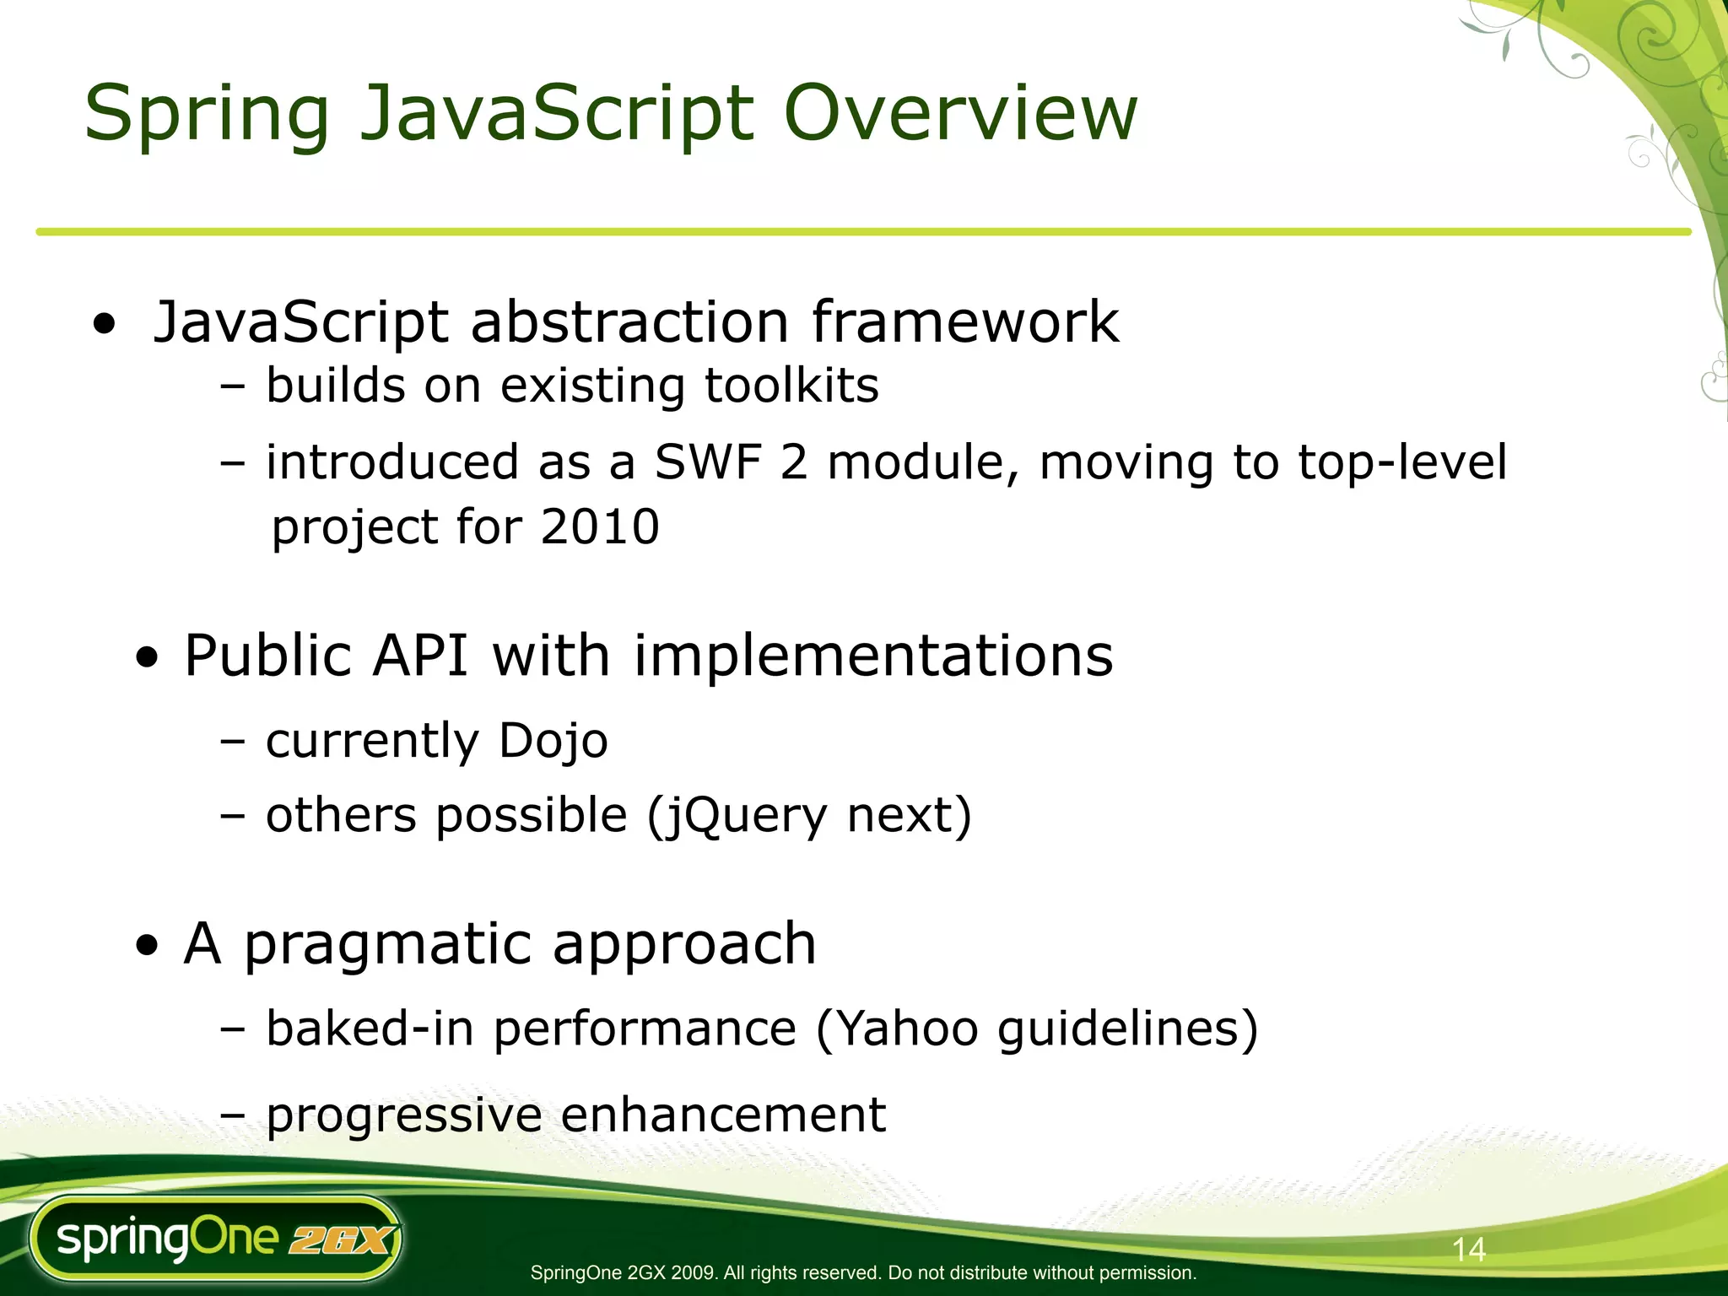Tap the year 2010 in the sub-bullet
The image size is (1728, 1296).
click(x=600, y=527)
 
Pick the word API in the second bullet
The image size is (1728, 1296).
click(x=420, y=656)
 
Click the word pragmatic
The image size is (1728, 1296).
click(x=387, y=945)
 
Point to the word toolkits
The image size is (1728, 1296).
click(x=791, y=386)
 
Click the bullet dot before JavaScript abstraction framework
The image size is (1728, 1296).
click(x=105, y=324)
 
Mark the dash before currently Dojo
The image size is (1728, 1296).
click(x=232, y=742)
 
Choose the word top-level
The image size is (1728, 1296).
click(x=1401, y=462)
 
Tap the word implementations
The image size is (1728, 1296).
click(x=873, y=656)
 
